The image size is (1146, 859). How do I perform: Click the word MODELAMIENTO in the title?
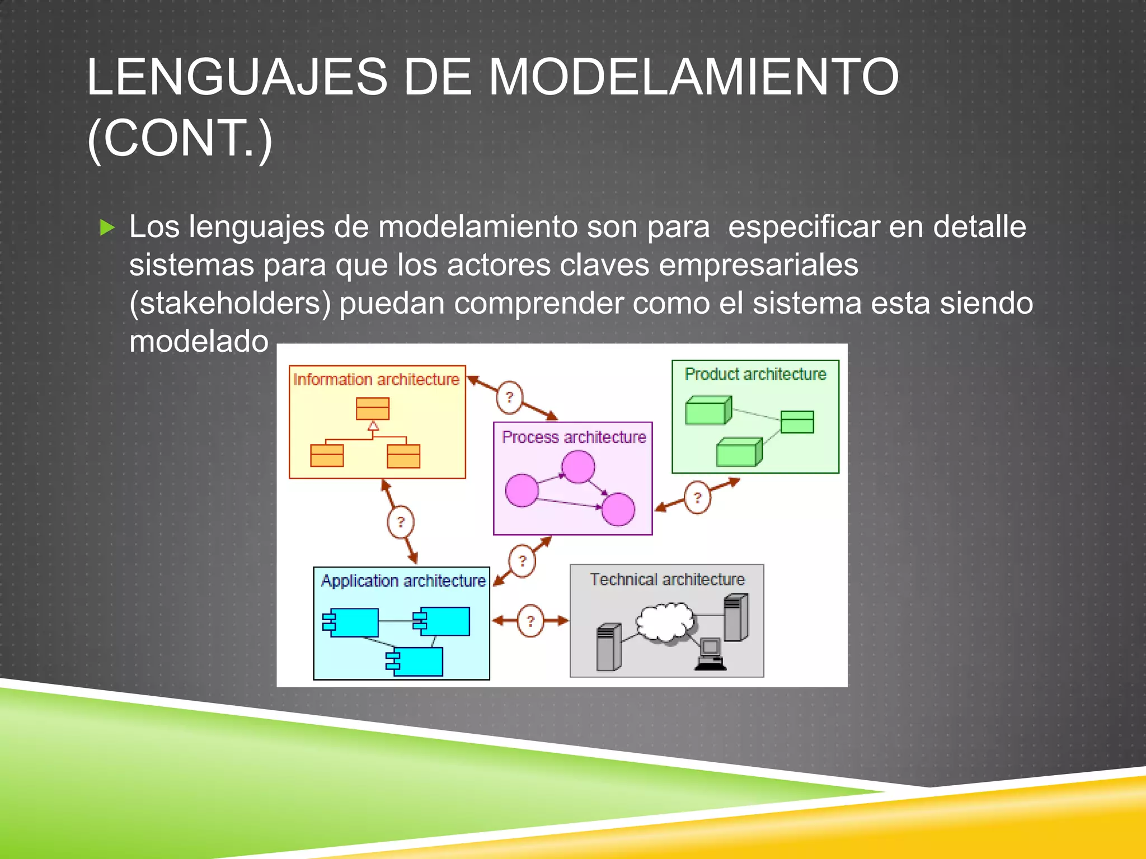694,77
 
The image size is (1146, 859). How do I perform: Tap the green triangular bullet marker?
107,228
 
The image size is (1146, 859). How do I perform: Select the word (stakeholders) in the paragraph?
230,304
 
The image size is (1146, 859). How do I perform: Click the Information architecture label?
376,380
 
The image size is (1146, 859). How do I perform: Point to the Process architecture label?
574,437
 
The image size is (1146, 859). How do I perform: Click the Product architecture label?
755,374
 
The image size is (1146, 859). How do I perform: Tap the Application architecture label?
403,581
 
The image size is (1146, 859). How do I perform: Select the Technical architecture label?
667,579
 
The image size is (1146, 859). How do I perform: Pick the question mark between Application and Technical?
530,621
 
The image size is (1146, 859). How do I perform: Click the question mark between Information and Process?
509,398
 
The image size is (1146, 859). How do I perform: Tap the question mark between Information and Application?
401,522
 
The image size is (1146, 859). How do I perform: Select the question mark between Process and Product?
697,497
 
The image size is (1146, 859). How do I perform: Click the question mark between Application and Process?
522,560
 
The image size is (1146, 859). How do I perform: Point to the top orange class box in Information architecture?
373,409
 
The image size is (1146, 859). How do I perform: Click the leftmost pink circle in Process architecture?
522,490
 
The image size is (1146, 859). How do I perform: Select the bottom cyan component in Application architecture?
415,662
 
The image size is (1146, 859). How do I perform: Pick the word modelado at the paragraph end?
199,341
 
